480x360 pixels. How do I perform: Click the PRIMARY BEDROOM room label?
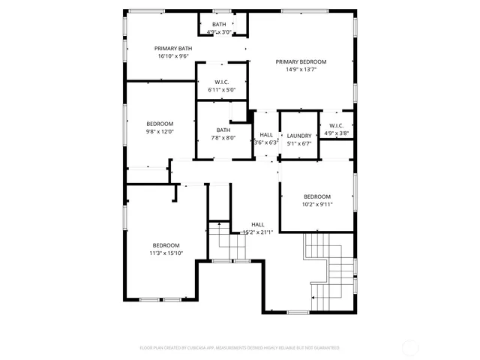pos(301,61)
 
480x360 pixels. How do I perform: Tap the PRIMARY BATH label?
pos(173,49)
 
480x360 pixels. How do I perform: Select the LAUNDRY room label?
pos(298,136)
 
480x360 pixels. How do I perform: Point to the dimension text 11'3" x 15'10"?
pos(166,253)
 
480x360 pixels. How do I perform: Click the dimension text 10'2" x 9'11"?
pos(316,204)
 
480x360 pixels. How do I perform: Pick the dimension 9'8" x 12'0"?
pos(160,131)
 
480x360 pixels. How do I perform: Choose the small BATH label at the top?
pos(219,25)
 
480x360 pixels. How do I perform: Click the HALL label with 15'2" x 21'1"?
pos(257,224)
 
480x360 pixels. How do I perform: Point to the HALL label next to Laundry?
pos(266,135)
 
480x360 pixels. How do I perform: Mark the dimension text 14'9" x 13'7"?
pos(301,70)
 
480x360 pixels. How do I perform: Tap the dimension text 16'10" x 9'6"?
pos(173,56)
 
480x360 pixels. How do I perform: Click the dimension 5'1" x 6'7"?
pos(298,142)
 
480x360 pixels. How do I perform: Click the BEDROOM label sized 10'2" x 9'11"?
pos(316,196)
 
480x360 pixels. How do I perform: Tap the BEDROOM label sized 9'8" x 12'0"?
pos(160,124)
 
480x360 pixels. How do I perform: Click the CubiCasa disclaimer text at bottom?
pos(240,348)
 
